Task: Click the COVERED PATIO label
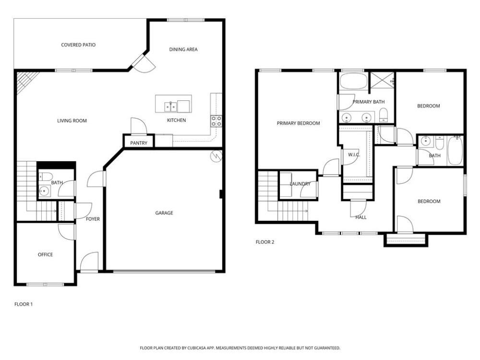78,45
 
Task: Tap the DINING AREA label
183,49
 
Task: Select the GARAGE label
164,213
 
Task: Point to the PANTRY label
139,143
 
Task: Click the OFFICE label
45,254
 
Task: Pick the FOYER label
93,219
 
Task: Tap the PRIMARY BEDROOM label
299,123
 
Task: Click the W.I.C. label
354,155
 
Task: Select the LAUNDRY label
300,184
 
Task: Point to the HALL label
361,217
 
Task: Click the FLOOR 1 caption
24,304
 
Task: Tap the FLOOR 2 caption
265,242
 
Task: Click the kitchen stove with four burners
216,121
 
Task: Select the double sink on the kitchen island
170,107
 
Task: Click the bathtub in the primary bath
354,81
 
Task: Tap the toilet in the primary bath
384,115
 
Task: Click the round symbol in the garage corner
216,156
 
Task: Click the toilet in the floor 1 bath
46,177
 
